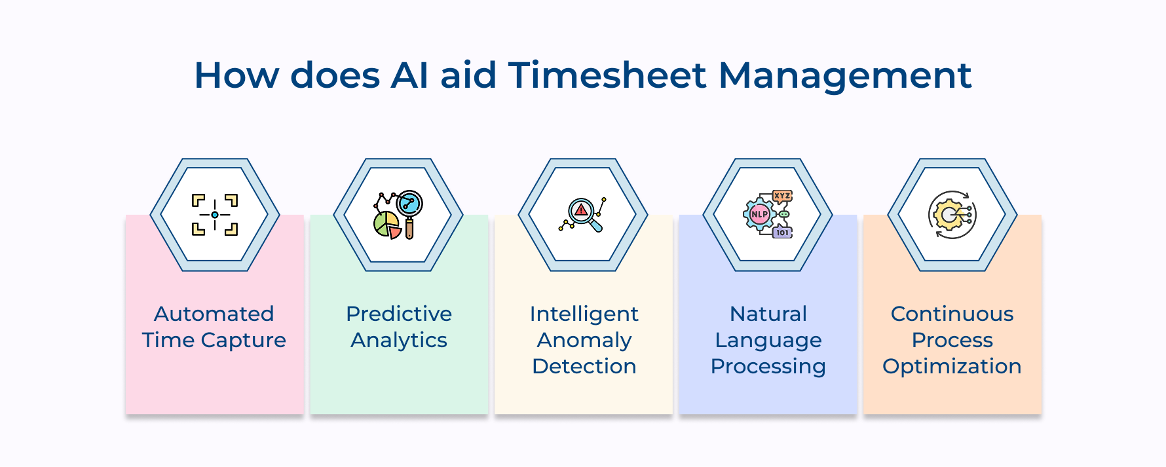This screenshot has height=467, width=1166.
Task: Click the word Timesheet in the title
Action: click(x=607, y=75)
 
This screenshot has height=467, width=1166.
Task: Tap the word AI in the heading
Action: click(x=409, y=75)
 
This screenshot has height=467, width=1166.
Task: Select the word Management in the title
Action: click(x=844, y=76)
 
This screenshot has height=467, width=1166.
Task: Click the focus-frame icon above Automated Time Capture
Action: click(x=215, y=215)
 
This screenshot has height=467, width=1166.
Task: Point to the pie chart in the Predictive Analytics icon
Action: click(x=386, y=225)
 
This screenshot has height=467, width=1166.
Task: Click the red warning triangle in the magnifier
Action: click(x=581, y=210)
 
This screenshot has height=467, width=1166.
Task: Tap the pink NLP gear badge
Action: click(x=759, y=214)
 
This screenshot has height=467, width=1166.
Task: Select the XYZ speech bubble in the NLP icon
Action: click(x=782, y=196)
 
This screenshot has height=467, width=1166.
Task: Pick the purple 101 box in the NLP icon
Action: click(x=783, y=233)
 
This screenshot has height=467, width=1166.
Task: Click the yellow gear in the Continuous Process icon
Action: click(x=948, y=215)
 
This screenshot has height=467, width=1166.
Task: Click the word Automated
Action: click(x=214, y=314)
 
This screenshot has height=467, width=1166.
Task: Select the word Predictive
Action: click(x=398, y=314)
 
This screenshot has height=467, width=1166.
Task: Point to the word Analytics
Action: click(x=398, y=341)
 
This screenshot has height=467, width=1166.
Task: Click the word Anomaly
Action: click(x=584, y=341)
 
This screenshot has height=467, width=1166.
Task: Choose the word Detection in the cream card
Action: click(x=584, y=366)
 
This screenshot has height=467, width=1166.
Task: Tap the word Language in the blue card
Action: click(x=768, y=341)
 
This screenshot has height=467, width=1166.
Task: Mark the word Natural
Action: click(x=768, y=314)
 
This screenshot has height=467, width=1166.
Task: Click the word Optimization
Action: click(x=952, y=366)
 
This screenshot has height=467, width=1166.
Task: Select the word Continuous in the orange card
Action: click(x=952, y=314)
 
